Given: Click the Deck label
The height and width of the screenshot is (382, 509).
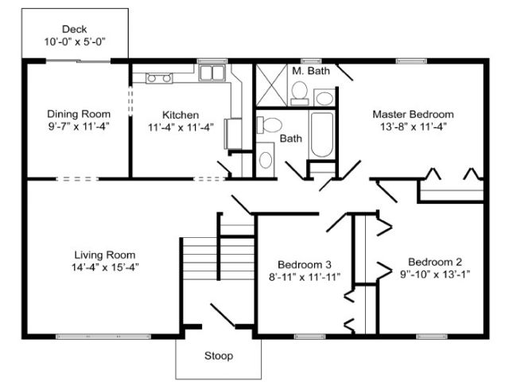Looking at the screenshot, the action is coord(74,29).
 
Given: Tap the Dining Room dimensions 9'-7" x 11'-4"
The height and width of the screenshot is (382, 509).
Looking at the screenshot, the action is coord(79,126).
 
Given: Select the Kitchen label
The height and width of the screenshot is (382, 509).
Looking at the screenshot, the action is coord(181,115).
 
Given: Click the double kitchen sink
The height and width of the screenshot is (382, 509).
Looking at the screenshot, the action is coord(212,72).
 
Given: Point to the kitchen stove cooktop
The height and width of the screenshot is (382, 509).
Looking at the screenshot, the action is coord(159,78).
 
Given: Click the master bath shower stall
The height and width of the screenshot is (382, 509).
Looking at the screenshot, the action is coord(271,85).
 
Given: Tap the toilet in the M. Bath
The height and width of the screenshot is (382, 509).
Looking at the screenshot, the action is coord(299,93).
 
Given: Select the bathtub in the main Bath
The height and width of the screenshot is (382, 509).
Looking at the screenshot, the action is coord(321,134).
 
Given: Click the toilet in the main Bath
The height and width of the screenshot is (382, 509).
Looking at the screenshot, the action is coord(269,125).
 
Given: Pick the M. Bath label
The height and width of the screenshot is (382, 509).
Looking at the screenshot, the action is coord(311,71).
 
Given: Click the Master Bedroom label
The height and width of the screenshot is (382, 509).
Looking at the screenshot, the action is coord(413,115).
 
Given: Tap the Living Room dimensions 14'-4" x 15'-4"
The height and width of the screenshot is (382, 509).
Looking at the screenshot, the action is coord(105,267).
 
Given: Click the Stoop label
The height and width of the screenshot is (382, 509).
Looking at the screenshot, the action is coord(219,356).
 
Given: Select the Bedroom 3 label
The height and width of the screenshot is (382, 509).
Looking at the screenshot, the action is coord(305,265).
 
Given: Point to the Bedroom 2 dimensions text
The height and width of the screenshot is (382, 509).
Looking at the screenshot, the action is coord(435,275).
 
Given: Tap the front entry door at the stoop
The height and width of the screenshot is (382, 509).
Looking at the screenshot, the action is coord(223,315).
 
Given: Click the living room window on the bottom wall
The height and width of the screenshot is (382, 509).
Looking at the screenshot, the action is coord(103,337).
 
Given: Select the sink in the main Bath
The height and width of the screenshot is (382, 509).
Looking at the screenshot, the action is coord(266,160).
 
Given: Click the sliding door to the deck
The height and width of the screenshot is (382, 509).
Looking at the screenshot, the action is coord(78,61).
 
